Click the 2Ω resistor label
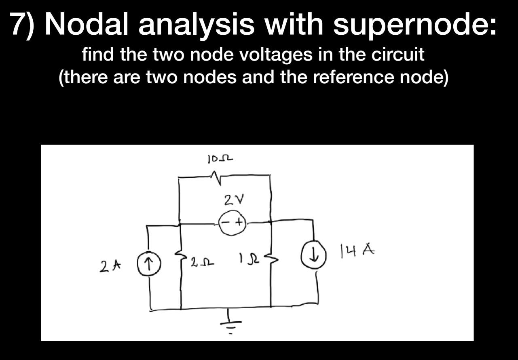pos(200,263)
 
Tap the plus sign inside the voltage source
pos(239,222)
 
